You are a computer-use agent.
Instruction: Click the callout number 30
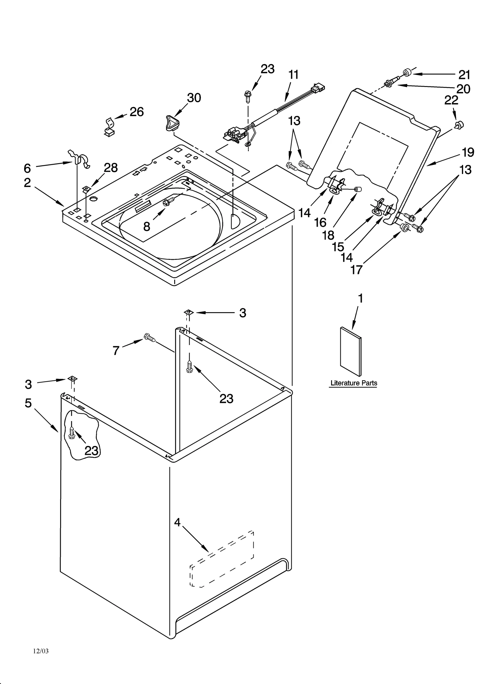(194, 98)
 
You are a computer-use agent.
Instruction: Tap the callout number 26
(137, 112)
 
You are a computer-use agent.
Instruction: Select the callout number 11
(294, 75)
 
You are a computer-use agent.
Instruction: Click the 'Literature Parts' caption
(354, 383)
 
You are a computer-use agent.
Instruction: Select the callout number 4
(177, 522)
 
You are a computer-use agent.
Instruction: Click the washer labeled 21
(407, 73)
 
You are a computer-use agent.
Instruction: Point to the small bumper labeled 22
(459, 125)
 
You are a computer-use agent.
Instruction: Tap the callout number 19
(468, 152)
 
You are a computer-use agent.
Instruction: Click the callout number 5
(28, 403)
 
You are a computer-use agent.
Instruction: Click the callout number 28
(111, 168)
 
